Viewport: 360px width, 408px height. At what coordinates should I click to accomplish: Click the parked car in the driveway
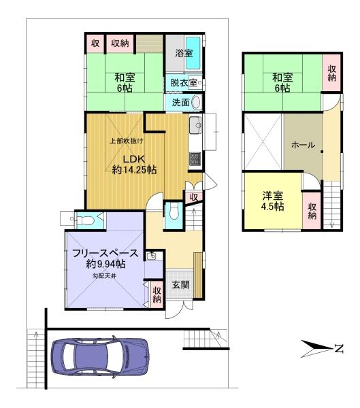100,356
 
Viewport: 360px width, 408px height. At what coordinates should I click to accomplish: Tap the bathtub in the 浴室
193,53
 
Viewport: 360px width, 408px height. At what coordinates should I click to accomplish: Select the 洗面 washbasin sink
197,102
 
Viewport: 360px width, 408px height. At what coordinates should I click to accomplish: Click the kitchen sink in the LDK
195,125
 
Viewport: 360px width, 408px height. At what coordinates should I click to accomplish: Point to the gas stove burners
195,159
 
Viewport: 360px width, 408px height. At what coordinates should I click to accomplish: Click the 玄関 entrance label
180,285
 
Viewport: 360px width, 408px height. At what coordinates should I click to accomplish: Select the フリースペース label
105,253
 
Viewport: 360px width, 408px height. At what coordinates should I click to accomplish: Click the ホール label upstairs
303,145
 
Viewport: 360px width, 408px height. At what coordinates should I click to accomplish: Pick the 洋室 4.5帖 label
272,201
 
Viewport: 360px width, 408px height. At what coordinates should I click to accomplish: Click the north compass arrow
317,348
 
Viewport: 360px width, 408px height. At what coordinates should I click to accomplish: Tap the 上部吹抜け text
127,141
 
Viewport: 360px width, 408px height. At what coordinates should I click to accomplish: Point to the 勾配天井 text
104,276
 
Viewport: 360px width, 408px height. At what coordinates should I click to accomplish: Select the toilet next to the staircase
174,212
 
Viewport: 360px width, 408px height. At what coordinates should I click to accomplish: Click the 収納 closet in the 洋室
312,211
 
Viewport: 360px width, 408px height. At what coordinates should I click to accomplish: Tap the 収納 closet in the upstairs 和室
331,73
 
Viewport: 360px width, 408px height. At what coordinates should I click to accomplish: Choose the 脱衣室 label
184,82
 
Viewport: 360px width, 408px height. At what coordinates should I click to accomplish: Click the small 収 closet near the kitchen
193,197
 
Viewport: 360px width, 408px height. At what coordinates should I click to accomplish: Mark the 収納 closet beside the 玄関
157,294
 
